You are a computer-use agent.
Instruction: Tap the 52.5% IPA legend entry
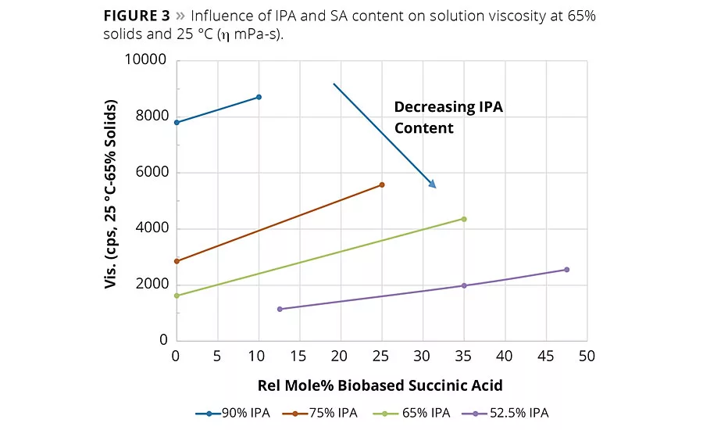516,413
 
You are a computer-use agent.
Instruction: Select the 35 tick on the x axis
464,356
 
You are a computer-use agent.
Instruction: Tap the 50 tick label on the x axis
587,356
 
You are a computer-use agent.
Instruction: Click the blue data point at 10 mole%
259,97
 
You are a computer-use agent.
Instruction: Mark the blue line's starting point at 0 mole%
177,122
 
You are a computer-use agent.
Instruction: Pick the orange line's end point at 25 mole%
381,185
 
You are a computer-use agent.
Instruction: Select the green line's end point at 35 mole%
464,219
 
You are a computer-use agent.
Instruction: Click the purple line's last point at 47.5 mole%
566,270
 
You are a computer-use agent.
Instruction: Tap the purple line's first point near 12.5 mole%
280,309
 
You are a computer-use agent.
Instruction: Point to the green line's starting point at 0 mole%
177,296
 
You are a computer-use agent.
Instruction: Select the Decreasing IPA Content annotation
448,117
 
